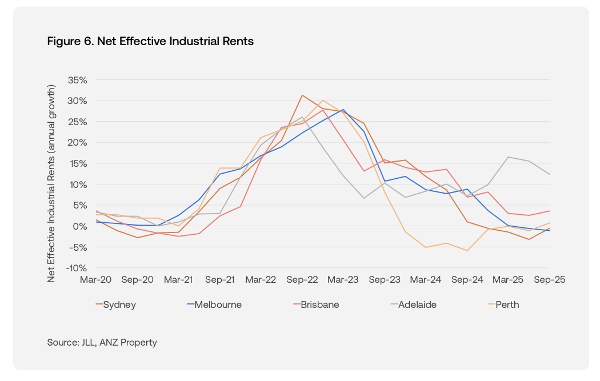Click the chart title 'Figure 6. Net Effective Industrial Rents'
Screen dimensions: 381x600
click(150, 42)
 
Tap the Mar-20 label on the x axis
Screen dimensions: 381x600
click(96, 280)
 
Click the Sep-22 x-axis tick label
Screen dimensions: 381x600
click(302, 280)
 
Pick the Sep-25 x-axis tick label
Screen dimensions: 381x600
click(549, 280)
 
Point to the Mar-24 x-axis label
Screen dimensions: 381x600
click(426, 280)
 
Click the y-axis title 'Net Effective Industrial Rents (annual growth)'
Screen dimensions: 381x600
click(51, 183)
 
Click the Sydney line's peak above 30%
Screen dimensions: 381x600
click(302, 95)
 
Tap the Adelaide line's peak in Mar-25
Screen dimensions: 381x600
click(508, 157)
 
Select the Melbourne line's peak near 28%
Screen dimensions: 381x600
click(343, 110)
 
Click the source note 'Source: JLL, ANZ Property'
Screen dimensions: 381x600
click(102, 343)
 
